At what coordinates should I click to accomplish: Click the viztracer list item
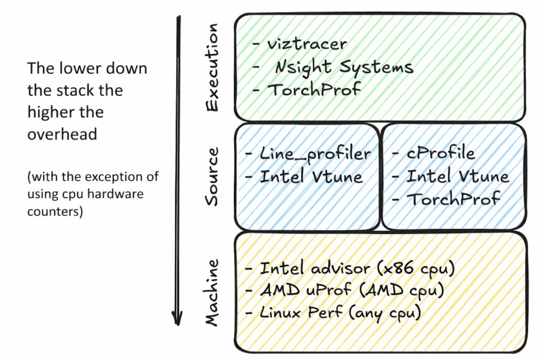tap(305, 44)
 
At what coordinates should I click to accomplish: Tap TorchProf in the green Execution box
tap(314, 89)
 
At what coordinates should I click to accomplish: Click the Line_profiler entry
tap(315, 153)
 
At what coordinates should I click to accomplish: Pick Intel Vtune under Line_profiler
tap(311, 176)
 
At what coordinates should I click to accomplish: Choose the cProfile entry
tap(440, 153)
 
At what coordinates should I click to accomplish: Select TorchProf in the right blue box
tap(454, 199)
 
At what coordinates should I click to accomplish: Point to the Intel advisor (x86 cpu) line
tap(356, 268)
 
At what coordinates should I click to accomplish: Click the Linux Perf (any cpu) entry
tap(340, 313)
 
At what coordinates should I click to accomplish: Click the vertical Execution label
tap(211, 67)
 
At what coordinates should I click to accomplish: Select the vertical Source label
tap(211, 176)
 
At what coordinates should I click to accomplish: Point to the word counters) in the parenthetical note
tap(55, 213)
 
